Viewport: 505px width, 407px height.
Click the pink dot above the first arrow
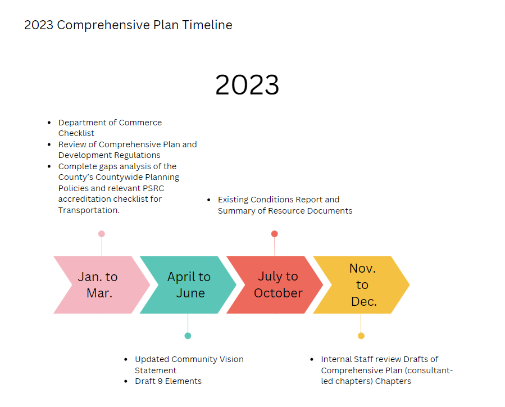pos(102,234)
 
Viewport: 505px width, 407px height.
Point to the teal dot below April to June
pos(188,336)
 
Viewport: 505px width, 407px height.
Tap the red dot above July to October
pos(274,234)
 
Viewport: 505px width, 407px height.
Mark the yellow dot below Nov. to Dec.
pos(361,336)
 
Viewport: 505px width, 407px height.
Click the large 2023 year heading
pos(247,85)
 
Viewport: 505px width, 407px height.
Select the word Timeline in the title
pos(207,25)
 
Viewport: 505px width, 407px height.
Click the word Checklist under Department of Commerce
pos(76,133)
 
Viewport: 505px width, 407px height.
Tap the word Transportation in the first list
pos(89,210)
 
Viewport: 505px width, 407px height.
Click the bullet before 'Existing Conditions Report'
pos(209,200)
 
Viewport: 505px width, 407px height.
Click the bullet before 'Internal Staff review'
pos(312,359)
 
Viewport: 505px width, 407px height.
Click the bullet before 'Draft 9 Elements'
pos(126,382)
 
